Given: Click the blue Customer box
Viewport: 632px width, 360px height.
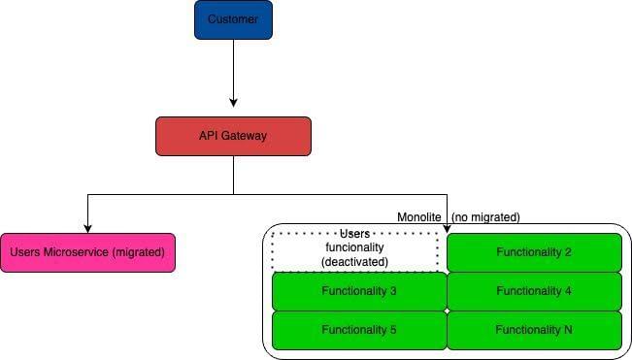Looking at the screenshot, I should (x=233, y=19).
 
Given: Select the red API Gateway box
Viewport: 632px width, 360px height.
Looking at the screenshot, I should (x=233, y=136).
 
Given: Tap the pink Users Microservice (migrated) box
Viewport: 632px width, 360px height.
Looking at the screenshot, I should (x=87, y=252).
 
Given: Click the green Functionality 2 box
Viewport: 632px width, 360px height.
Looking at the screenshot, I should (x=534, y=252).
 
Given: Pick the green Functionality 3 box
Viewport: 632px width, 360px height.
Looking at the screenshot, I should (x=359, y=291).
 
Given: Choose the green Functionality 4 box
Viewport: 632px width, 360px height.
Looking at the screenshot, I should (x=534, y=291).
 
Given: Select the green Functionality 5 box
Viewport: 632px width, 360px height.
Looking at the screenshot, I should (x=359, y=330).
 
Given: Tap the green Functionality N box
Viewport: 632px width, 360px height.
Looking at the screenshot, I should (x=534, y=330).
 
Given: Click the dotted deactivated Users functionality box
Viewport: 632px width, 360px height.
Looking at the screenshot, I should (x=354, y=248).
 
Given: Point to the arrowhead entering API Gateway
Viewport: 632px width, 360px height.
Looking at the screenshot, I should (x=233, y=102).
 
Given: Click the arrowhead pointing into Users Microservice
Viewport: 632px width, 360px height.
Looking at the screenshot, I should (x=87, y=228).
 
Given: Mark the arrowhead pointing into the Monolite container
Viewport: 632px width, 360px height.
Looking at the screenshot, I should (x=447, y=228).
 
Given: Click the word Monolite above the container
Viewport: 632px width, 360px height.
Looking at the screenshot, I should (x=421, y=216).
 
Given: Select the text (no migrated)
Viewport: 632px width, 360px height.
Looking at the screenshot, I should (x=486, y=216).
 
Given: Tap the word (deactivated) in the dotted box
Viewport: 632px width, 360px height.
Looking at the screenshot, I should (x=354, y=262).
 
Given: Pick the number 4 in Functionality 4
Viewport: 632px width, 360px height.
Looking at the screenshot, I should (x=568, y=291).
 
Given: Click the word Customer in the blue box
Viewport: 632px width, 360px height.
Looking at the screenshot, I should (x=233, y=19).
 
